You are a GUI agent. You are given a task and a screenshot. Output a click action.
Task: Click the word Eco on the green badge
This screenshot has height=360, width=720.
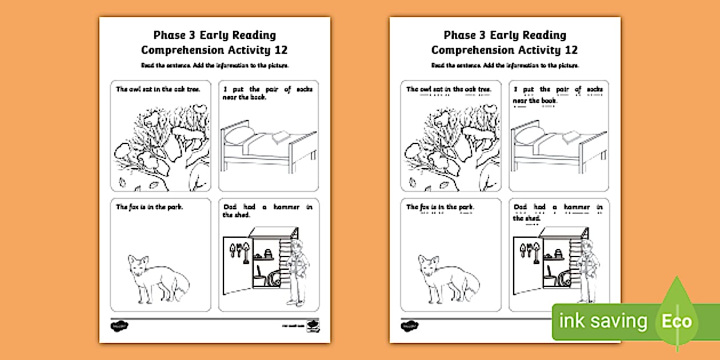coord(677,321)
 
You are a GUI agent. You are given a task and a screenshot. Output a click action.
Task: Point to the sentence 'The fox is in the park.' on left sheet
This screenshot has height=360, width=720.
coord(149,207)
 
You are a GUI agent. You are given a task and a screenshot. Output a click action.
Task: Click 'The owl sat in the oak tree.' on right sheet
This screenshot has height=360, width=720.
coord(441,90)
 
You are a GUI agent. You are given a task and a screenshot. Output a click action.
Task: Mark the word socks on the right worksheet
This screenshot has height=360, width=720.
coord(595,90)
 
